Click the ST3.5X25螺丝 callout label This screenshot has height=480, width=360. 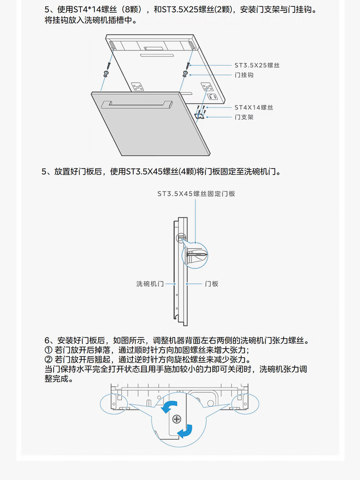(x=257, y=65)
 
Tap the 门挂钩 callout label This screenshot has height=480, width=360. (x=244, y=75)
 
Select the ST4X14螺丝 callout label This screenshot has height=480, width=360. (x=254, y=107)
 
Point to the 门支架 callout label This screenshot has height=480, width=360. (x=244, y=117)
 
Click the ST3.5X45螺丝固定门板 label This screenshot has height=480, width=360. (x=196, y=194)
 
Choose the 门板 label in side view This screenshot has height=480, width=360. (x=212, y=284)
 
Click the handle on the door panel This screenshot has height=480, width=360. (x=137, y=104)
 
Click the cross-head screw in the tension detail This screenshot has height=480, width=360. (x=176, y=419)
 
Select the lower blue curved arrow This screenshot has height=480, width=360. (x=185, y=432)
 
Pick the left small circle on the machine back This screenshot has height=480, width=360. (x=114, y=403)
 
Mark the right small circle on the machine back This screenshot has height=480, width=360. (x=245, y=403)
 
